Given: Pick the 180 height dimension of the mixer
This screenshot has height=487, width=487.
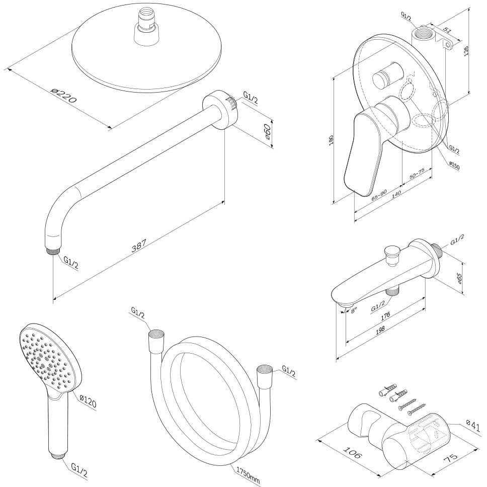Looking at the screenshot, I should pos(331,141).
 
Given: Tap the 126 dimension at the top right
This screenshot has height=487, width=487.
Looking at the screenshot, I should pos(466,53).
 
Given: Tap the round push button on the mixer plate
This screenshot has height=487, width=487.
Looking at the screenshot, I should pos(384,78).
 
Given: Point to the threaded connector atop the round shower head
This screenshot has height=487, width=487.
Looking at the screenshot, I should pos(145,32).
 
